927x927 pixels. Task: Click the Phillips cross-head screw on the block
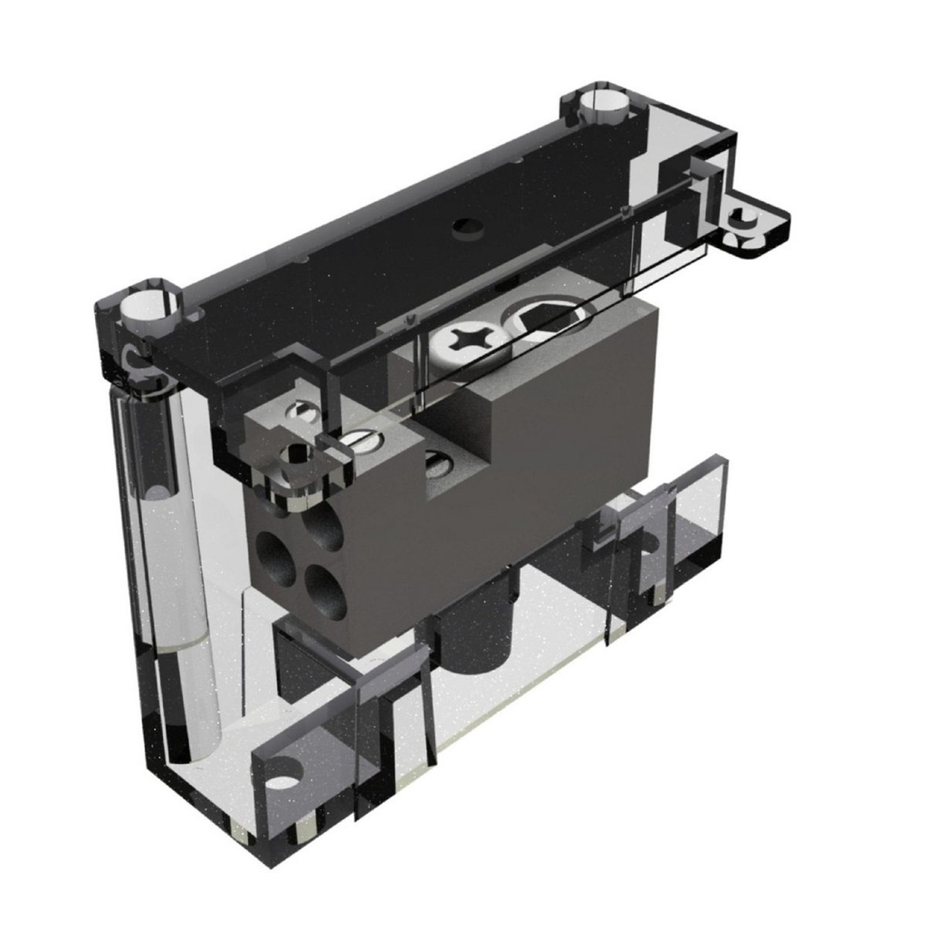[469, 341]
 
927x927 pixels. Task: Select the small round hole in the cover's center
[467, 225]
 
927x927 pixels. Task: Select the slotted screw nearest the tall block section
[438, 464]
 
